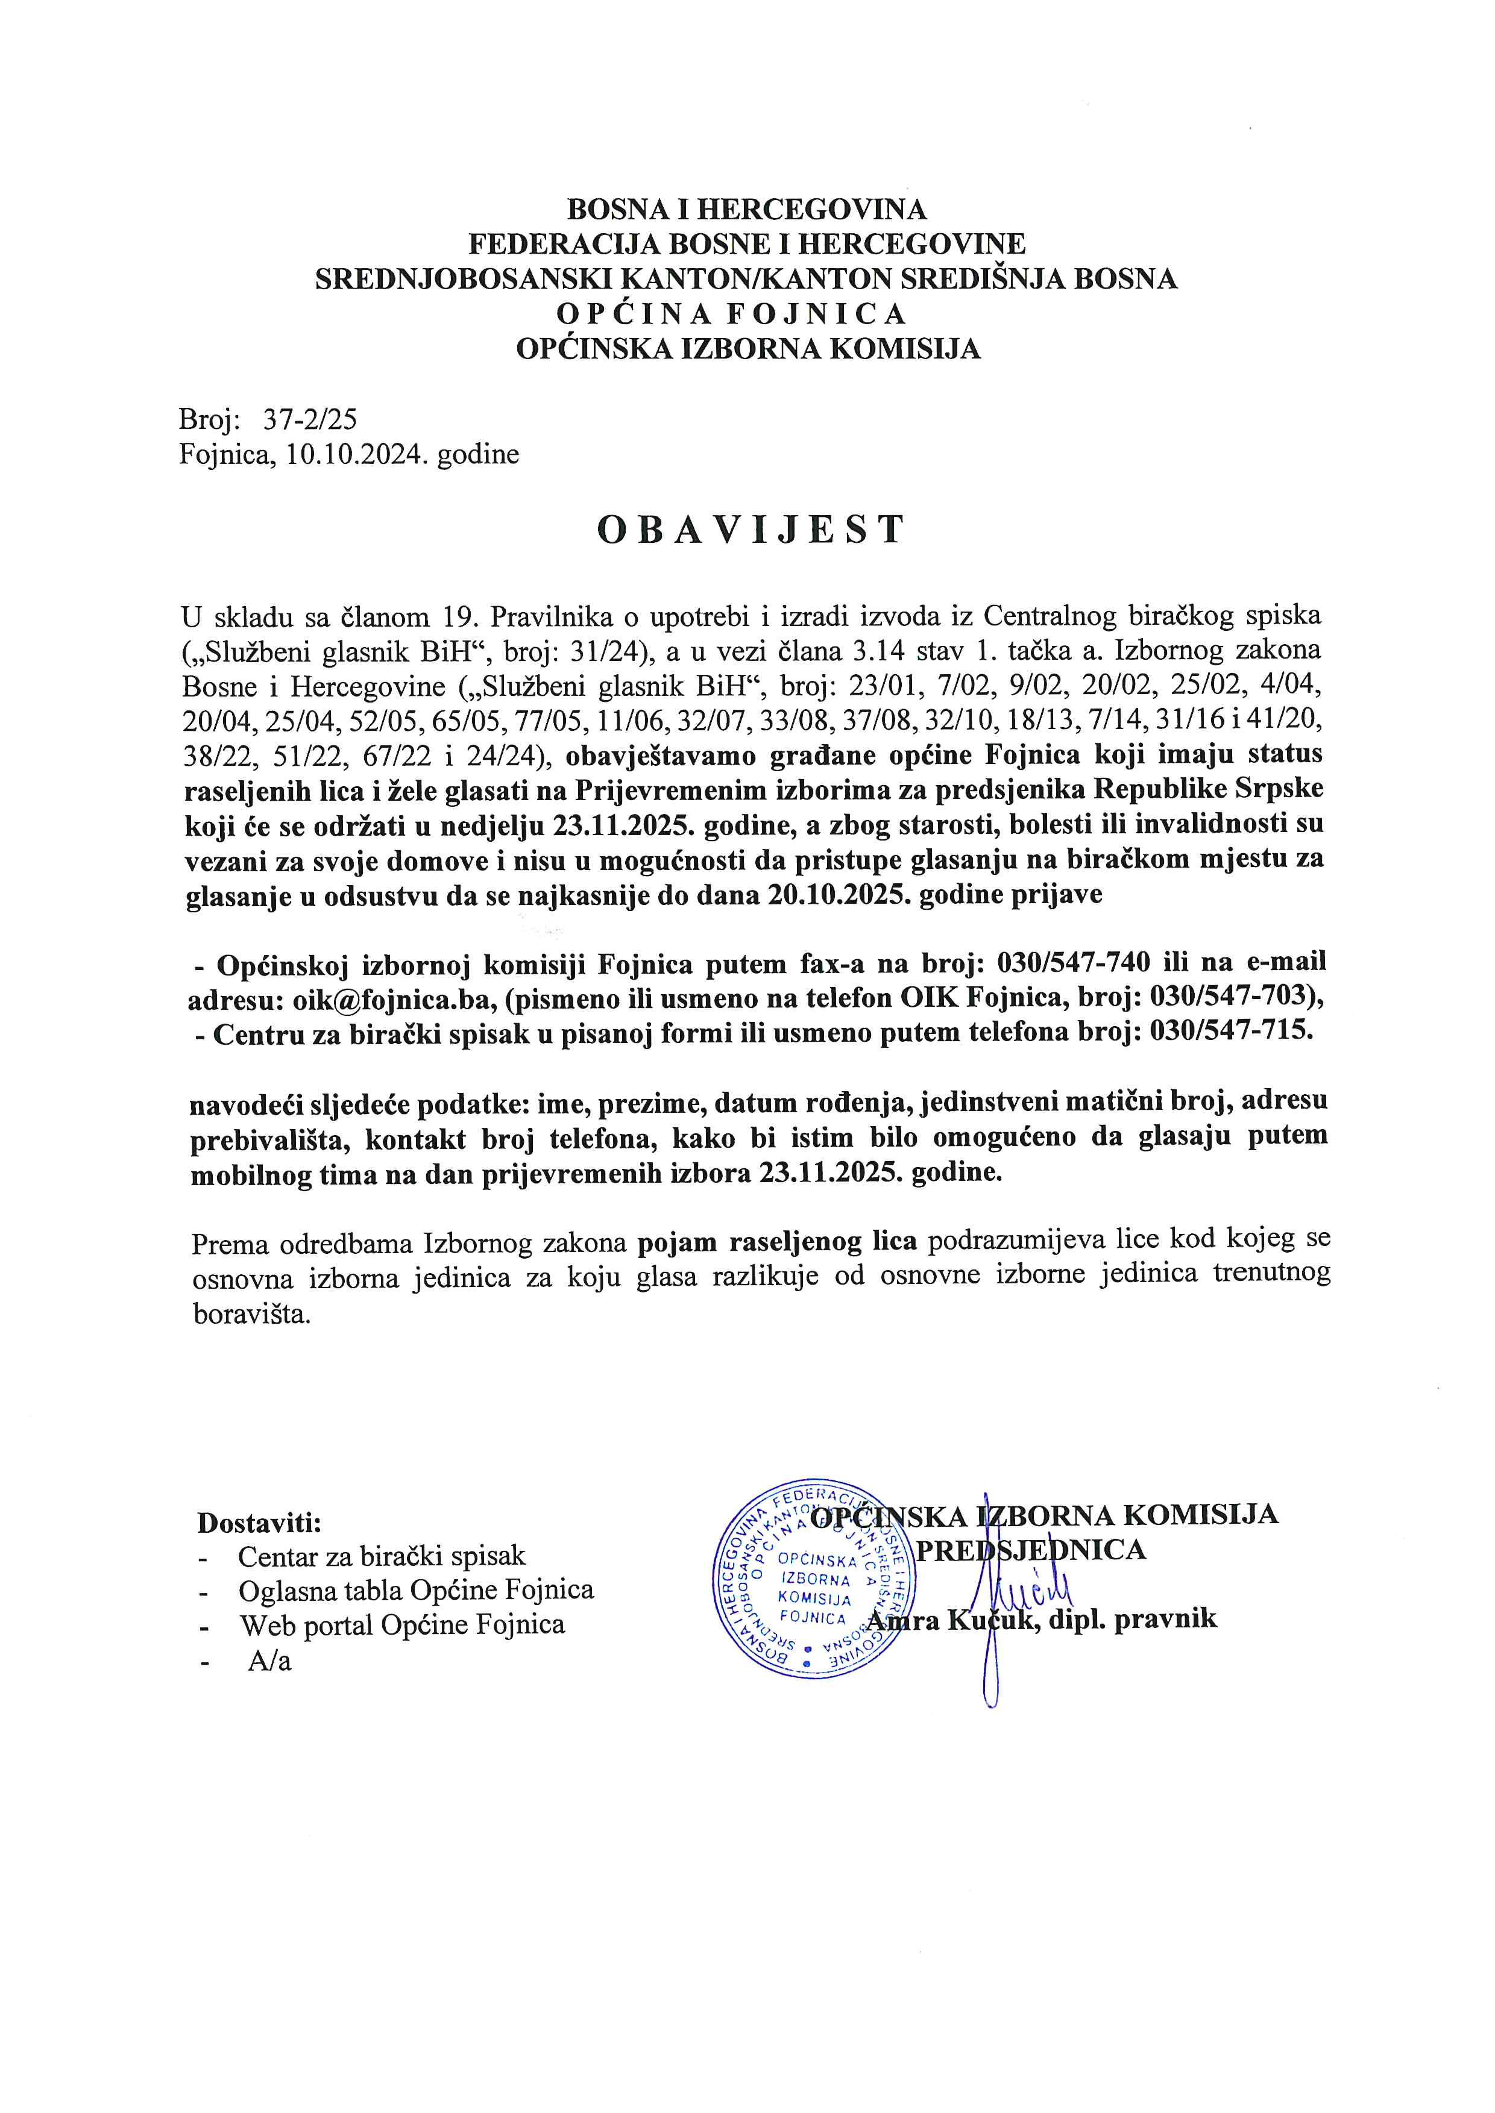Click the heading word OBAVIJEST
point(751,530)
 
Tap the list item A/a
point(269,1661)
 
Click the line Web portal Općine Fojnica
point(402,1626)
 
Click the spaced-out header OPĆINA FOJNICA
point(732,315)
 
